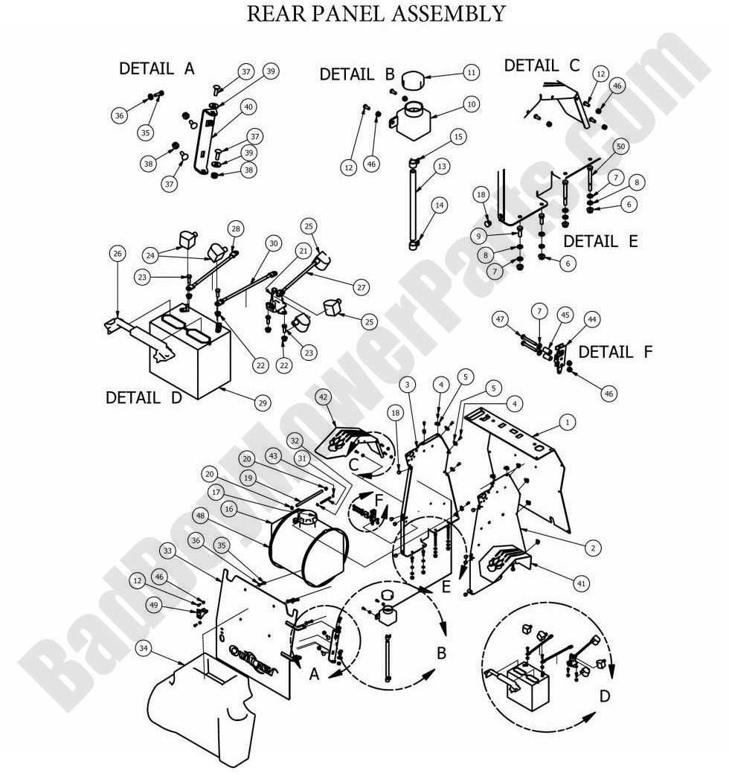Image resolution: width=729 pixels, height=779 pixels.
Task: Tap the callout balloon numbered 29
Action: click(262, 403)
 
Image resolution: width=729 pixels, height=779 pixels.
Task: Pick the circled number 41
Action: click(581, 584)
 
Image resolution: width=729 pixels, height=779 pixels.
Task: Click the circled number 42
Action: click(324, 397)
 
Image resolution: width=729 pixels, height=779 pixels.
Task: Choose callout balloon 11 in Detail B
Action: click(470, 72)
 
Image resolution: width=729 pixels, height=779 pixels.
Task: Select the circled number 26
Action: click(117, 254)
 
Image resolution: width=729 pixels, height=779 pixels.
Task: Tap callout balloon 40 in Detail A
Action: click(248, 107)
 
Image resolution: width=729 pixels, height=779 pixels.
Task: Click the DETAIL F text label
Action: click(615, 352)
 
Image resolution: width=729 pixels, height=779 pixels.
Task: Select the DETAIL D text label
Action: click(144, 397)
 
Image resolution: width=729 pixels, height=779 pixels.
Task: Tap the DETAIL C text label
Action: click(542, 65)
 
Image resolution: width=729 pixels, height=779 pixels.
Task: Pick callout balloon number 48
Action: click(199, 515)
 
